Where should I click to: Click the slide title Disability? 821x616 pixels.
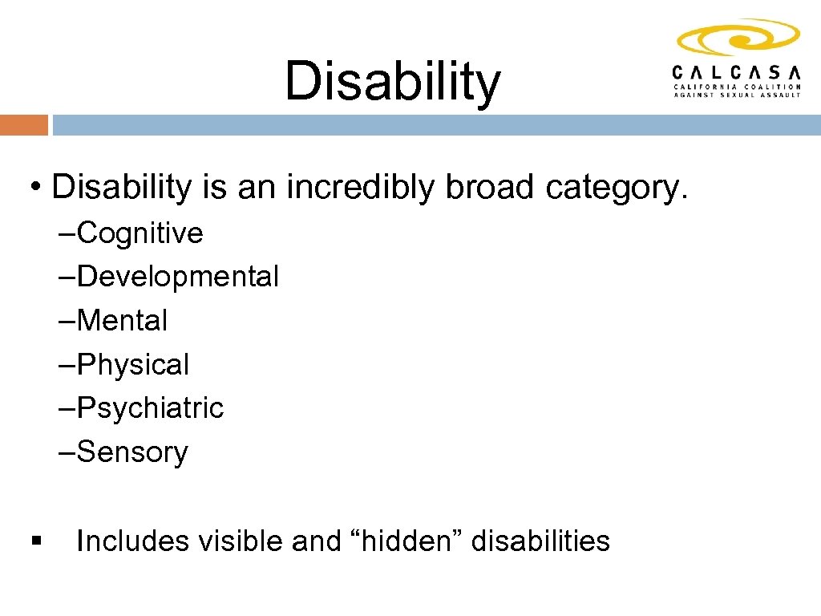(x=392, y=82)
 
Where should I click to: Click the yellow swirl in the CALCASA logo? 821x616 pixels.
(x=738, y=38)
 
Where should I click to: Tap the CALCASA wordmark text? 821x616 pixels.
(x=736, y=71)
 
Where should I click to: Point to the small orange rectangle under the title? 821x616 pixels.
(x=23, y=125)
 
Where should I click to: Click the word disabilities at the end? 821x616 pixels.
(x=540, y=541)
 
